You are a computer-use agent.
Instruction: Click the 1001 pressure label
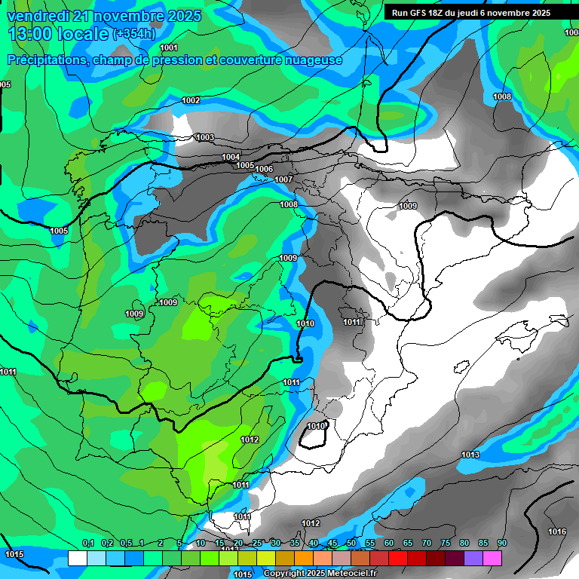pos(169,48)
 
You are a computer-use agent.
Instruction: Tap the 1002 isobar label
pos(191,100)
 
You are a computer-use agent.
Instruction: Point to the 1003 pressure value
pos(204,137)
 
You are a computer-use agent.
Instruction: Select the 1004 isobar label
pos(231,157)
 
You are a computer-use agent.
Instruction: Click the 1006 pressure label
pos(264,169)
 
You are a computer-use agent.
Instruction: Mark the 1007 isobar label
pos(283,179)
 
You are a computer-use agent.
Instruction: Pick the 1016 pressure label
pos(557,532)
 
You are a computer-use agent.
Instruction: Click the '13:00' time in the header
pos(31,34)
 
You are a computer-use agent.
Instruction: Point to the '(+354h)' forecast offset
pos(134,34)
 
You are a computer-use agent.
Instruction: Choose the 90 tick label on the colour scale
pos(501,543)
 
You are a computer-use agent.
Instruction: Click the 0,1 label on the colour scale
pos(87,543)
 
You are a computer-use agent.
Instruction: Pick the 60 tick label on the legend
pos(388,543)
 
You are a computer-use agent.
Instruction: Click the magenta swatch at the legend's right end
pos(492,558)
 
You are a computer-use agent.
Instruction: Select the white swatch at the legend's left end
pos(77,558)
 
